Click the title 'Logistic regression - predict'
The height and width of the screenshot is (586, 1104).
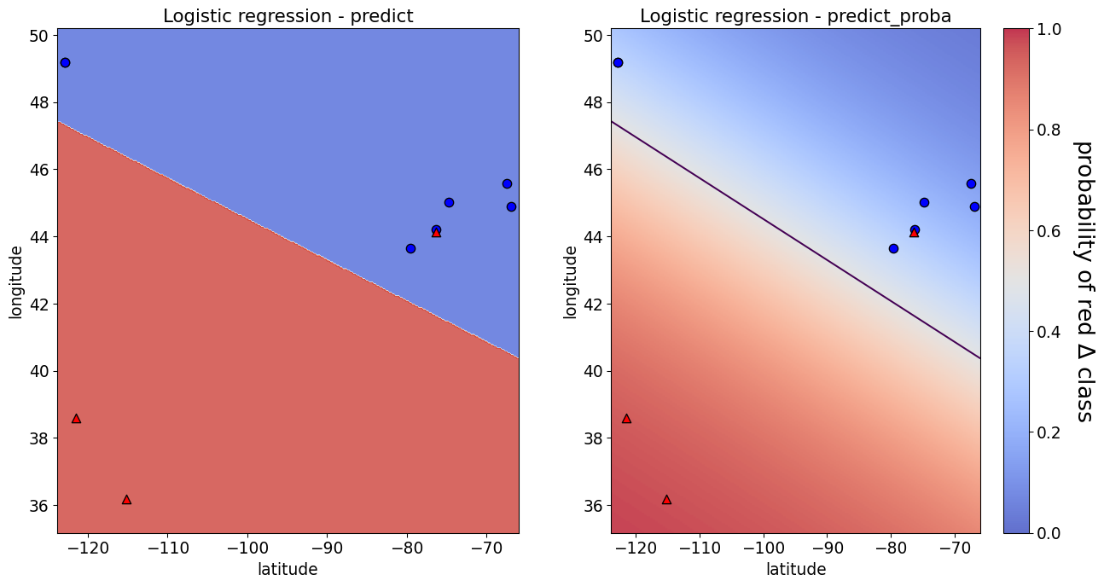point(288,16)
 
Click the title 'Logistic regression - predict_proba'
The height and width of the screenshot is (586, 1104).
point(795,16)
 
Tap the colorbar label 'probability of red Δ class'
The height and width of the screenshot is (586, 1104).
point(1083,281)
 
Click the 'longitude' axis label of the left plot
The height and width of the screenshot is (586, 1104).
point(16,281)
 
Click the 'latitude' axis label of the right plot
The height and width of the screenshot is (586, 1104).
point(795,569)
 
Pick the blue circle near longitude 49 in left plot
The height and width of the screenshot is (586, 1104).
point(65,62)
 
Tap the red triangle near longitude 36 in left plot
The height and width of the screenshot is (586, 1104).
point(126,500)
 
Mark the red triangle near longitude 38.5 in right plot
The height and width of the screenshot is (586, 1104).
point(626,419)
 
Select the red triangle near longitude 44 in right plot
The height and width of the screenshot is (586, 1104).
point(914,233)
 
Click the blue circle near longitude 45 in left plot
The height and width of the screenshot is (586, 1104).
point(449,202)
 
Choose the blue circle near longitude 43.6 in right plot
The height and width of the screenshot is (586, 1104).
point(893,248)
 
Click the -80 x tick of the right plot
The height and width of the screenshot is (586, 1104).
point(891,548)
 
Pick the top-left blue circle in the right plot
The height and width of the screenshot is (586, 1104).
point(618,62)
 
